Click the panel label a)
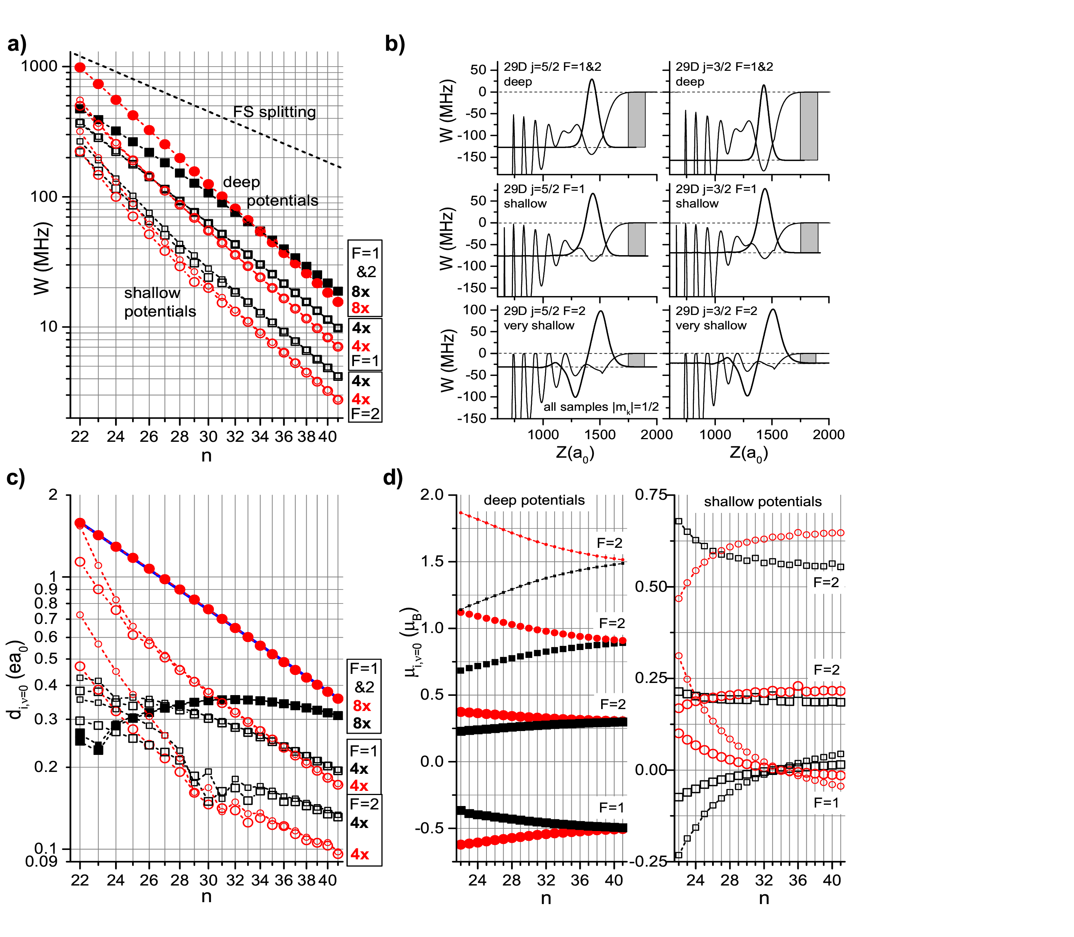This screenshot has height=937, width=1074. [x=17, y=44]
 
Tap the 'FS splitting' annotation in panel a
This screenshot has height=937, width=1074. [x=274, y=112]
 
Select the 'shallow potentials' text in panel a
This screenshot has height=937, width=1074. [x=159, y=302]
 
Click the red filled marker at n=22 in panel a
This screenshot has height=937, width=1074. [x=80, y=67]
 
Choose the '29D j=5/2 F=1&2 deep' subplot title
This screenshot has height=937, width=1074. [x=552, y=74]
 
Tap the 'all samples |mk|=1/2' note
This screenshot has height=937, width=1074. [x=601, y=407]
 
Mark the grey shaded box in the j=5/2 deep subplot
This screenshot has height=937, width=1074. [x=636, y=119]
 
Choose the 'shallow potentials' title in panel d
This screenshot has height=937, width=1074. [x=762, y=502]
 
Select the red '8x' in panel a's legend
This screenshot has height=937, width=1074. [x=360, y=308]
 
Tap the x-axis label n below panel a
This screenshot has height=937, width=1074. [x=207, y=456]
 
